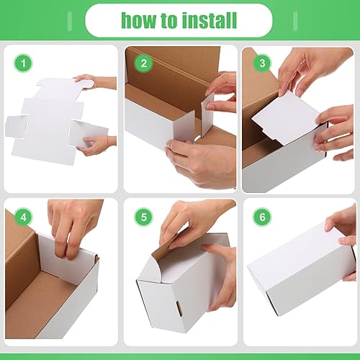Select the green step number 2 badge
click(x=144, y=63)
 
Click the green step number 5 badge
click(x=144, y=217)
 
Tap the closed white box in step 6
click(x=295, y=270)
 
